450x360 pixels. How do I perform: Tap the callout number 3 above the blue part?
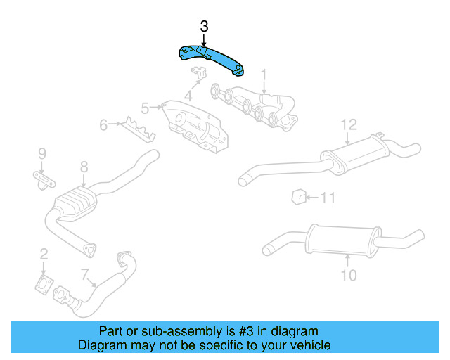(204, 27)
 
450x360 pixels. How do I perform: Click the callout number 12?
(349, 125)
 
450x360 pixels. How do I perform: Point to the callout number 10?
(349, 275)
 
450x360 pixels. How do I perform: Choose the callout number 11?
(328, 198)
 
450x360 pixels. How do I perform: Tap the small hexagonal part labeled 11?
(298, 197)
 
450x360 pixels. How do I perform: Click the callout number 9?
(42, 154)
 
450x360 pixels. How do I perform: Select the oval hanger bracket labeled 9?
(44, 180)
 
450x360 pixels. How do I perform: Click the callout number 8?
(84, 167)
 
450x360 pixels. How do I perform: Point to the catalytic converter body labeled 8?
(75, 203)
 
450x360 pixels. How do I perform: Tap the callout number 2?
(44, 255)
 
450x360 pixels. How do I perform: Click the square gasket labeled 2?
(44, 285)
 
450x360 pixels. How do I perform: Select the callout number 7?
(84, 274)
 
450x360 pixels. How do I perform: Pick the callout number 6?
(103, 125)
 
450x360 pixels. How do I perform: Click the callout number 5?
(146, 108)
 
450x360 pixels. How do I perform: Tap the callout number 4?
(188, 96)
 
